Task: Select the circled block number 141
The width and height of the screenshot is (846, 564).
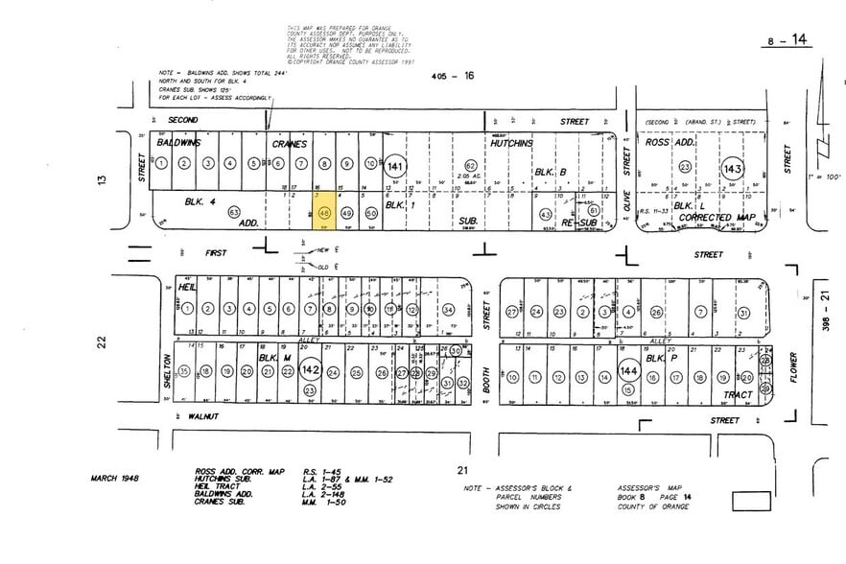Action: point(395,166)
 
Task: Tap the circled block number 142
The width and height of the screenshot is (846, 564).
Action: point(310,369)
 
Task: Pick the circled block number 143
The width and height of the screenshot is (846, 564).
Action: point(733,167)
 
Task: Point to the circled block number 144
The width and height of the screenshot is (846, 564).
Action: point(627,369)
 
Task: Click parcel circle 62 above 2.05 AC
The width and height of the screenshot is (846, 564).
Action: point(471,165)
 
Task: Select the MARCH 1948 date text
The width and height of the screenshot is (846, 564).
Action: point(117,477)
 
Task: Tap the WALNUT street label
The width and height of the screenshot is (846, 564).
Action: point(203,415)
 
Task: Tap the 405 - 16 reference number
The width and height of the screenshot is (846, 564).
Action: point(453,75)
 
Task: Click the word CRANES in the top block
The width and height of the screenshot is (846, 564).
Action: point(288,143)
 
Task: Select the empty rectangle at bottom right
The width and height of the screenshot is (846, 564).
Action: point(751,501)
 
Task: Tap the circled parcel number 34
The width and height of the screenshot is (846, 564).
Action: point(448,309)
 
